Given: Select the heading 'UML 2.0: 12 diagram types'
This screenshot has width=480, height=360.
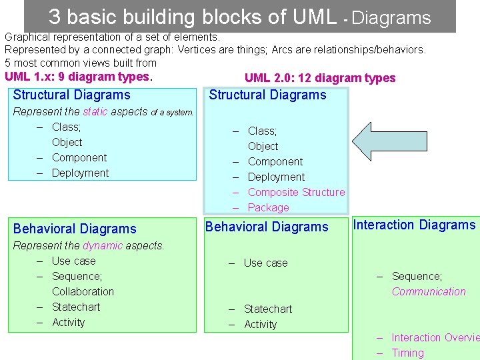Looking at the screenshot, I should [x=320, y=78].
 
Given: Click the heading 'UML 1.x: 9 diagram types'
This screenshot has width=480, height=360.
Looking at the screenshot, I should [x=78, y=77].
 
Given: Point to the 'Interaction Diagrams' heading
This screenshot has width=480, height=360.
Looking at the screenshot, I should [x=414, y=225].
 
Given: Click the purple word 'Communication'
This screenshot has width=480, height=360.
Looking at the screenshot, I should [x=429, y=291].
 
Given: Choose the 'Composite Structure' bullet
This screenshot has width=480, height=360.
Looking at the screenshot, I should [x=296, y=192].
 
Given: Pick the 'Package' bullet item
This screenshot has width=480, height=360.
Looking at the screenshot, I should [x=268, y=207].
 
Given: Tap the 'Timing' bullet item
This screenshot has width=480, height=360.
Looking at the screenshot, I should [x=407, y=353].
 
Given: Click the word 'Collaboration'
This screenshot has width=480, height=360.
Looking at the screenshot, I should [x=83, y=291].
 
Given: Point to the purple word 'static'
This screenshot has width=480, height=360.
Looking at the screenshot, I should [x=95, y=111].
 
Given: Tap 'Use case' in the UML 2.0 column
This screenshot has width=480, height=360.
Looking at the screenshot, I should [x=265, y=263].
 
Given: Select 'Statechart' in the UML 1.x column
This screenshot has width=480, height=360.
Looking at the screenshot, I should [x=76, y=307].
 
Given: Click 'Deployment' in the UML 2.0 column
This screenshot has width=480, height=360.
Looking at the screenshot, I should [x=276, y=177].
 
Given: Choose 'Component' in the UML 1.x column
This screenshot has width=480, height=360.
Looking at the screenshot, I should [x=79, y=157].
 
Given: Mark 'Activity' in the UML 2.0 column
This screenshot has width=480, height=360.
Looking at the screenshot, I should [x=260, y=324].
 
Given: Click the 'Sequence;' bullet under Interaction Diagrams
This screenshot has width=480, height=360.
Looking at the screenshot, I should [x=417, y=276].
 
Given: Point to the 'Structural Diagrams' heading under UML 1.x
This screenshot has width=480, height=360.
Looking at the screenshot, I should [x=71, y=95].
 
